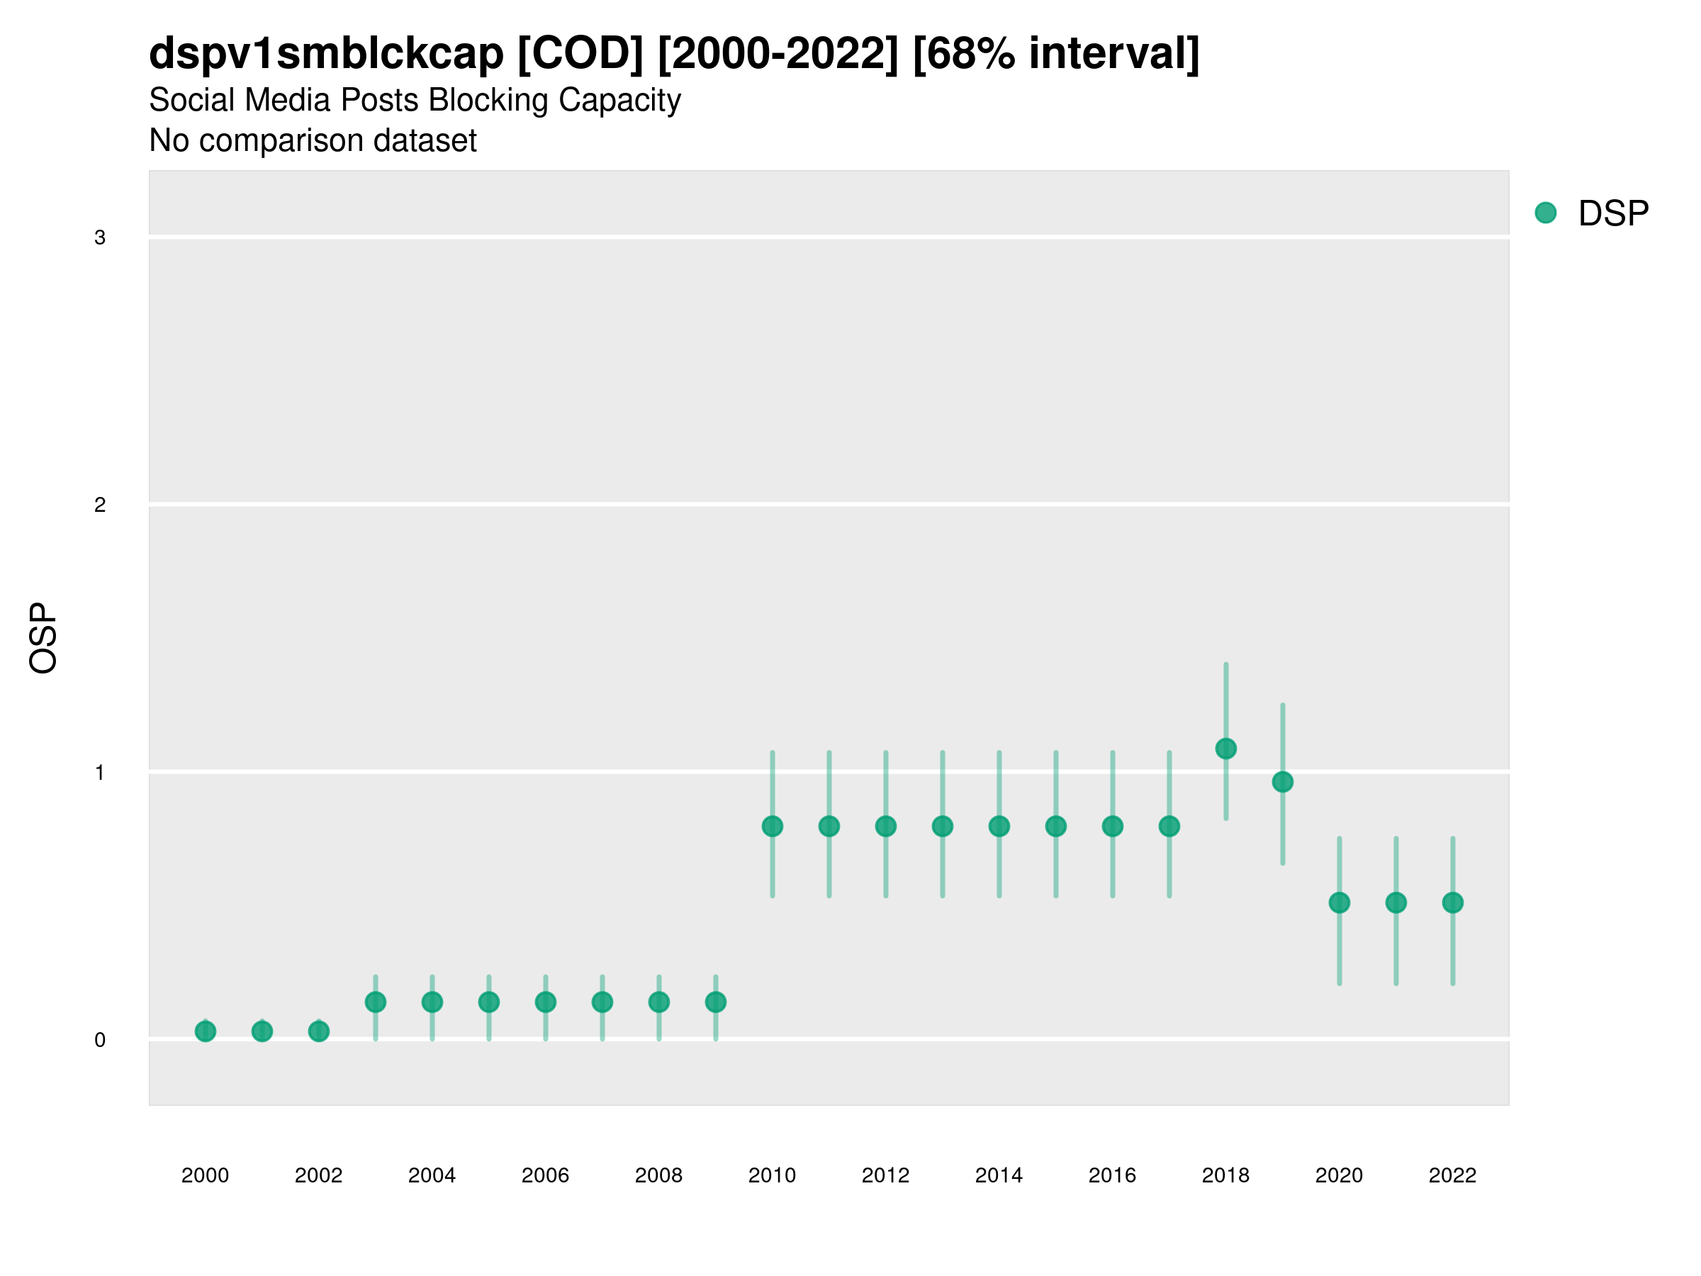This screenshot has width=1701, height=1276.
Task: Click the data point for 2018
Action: click(1225, 749)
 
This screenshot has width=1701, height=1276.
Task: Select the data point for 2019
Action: click(1283, 782)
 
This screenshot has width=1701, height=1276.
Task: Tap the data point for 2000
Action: click(206, 1031)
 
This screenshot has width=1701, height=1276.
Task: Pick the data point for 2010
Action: click(773, 826)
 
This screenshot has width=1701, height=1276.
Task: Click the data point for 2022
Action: click(1453, 902)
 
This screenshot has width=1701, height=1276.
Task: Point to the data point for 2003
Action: click(375, 1002)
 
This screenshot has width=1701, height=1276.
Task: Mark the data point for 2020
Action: click(1340, 902)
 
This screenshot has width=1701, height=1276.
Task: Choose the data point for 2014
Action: click(999, 826)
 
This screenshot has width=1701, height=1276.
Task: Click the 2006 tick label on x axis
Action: click(545, 1175)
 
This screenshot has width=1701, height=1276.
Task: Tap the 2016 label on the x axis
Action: click(1112, 1175)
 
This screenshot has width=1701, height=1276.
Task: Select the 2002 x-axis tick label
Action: click(318, 1175)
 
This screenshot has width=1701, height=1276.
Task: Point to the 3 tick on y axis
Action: click(100, 237)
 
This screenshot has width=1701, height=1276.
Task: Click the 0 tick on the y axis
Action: click(100, 1040)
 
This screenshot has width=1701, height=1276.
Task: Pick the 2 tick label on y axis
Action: click(100, 505)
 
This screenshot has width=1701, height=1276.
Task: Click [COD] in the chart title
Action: click(580, 54)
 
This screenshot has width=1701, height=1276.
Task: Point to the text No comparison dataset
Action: click(313, 141)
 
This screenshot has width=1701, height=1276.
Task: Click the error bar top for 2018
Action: click(1225, 664)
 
